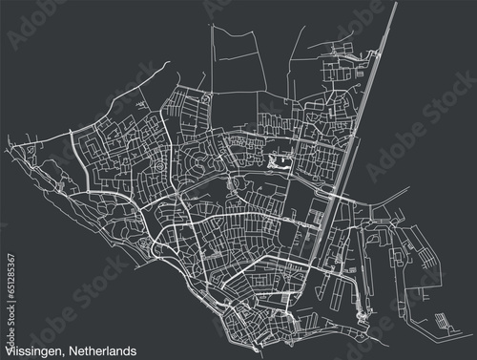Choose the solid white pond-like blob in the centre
point(280,162)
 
